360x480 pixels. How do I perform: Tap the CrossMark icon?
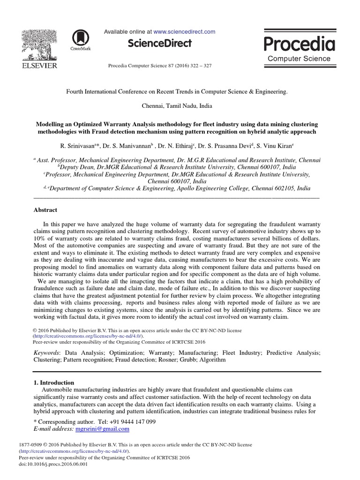(x=79, y=38)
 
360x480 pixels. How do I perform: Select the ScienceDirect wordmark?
(x=160, y=44)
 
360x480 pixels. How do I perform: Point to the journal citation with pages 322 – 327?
(x=160, y=66)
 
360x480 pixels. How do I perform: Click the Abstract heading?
(x=46, y=210)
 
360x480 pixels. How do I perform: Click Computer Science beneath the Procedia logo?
(x=299, y=59)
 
